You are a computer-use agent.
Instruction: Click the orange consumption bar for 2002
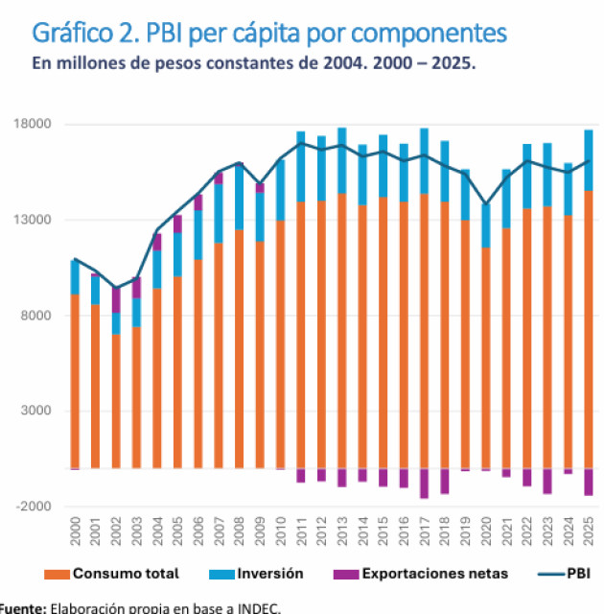point(117,401)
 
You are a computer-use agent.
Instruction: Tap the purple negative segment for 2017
point(425,484)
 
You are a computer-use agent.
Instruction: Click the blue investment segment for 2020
point(486,225)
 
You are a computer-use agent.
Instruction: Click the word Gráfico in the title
point(73,34)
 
